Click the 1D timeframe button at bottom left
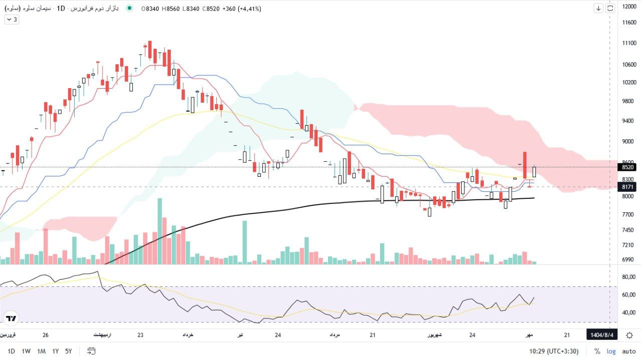[x=11, y=351]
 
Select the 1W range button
[x=26, y=351]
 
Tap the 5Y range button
[x=69, y=351]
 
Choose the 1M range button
[x=41, y=351]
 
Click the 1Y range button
[x=55, y=351]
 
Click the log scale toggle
[x=611, y=351]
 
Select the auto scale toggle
[x=628, y=351]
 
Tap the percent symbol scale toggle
[x=597, y=351]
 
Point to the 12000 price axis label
[x=629, y=7]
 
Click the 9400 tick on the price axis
[x=629, y=121]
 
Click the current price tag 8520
[x=628, y=167]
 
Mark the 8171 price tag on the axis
[x=628, y=187]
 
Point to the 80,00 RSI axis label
[x=628, y=277]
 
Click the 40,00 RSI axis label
[x=628, y=313]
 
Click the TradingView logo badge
[x=11, y=318]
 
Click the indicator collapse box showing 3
[x=12, y=20]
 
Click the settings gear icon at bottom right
[x=629, y=335]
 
